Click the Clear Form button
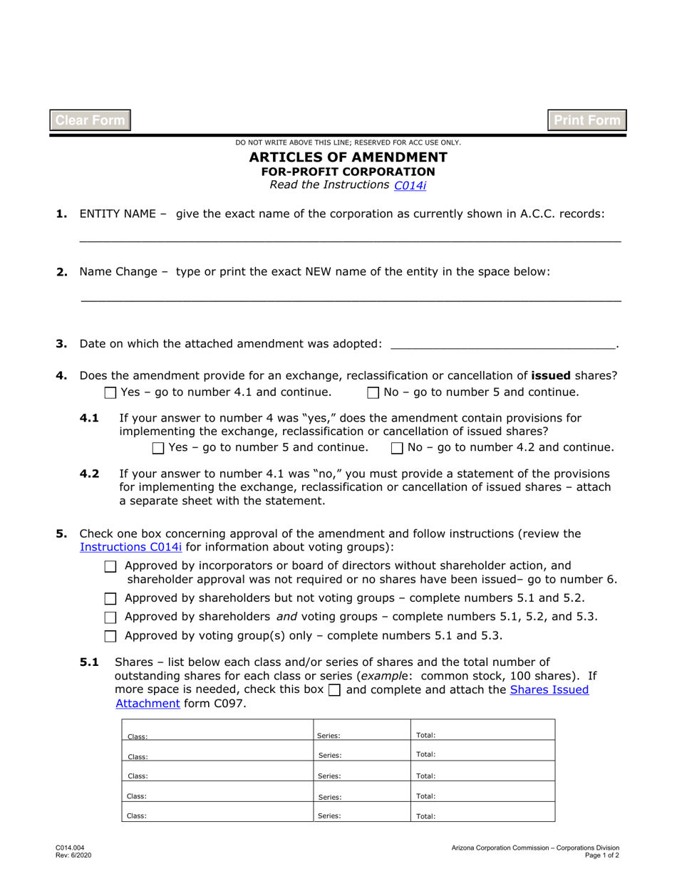pyautogui.click(x=90, y=120)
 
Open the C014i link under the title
pyautogui.click(x=410, y=185)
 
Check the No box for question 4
pyautogui.click(x=373, y=392)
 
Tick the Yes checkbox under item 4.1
pyautogui.click(x=158, y=448)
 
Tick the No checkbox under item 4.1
pyautogui.click(x=397, y=448)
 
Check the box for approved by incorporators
pyautogui.click(x=110, y=566)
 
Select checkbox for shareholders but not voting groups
pyautogui.click(x=110, y=599)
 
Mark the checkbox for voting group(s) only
pyautogui.click(x=110, y=636)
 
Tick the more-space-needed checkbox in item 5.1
pyautogui.click(x=334, y=690)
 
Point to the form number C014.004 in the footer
pyautogui.click(x=69, y=848)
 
